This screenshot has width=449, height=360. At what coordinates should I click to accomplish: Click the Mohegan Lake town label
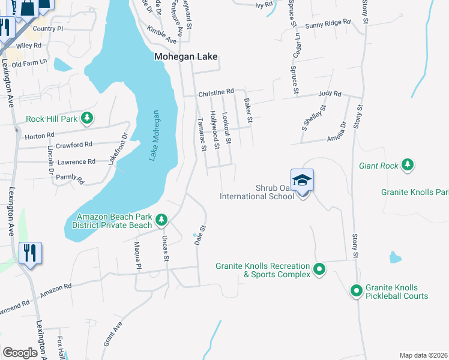185,58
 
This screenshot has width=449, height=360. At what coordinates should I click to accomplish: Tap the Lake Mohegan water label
154,136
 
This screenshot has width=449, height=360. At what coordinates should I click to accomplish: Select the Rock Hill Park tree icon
88,118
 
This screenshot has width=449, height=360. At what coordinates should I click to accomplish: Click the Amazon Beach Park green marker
161,220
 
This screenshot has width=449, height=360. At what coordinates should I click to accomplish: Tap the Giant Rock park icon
408,164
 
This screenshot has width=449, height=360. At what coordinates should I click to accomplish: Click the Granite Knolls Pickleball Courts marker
356,291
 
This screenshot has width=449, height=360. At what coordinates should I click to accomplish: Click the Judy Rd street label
330,94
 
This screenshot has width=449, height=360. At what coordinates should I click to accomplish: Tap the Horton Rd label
40,136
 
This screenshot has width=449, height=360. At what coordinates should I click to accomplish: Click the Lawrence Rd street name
76,161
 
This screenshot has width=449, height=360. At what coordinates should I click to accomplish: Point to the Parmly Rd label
70,178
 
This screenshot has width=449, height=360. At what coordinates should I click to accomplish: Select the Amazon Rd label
56,292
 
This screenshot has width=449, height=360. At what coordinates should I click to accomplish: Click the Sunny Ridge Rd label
327,23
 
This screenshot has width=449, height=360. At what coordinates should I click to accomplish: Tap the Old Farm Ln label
29,64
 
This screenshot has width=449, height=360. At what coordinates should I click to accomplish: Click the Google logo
20,353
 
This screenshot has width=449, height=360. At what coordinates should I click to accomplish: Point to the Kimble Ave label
162,35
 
